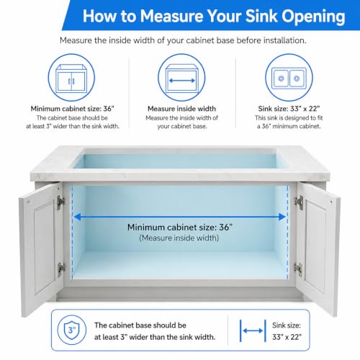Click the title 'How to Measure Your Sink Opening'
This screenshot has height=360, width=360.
click(214, 17)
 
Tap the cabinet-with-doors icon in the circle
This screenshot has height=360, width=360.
click(71, 78)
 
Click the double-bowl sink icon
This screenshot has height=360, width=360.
click(289, 78)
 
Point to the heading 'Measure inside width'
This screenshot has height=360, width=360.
click(181, 109)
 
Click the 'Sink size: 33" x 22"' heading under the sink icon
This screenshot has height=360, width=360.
click(289, 109)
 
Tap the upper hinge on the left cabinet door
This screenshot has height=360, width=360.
click(60, 202)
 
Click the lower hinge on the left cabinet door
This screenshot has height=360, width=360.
click(61, 269)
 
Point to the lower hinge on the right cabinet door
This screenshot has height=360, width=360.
click(298, 269)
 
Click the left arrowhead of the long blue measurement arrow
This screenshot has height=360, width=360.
click(77, 217)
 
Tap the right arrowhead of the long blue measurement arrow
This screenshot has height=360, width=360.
click(282, 217)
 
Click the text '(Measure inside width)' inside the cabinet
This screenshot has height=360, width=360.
click(179, 238)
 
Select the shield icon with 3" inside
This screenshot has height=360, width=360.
click(72, 330)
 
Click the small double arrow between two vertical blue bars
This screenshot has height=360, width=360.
click(253, 330)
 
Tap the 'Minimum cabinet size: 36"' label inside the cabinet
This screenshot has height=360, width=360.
click(180, 227)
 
